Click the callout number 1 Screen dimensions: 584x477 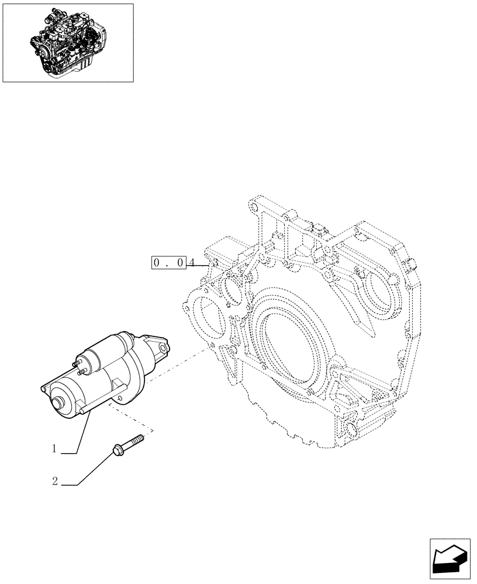[x=54, y=449]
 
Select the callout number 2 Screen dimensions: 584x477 [x=54, y=482]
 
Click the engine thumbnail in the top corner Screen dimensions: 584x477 [x=68, y=43]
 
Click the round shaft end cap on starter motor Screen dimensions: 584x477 [x=58, y=404]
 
